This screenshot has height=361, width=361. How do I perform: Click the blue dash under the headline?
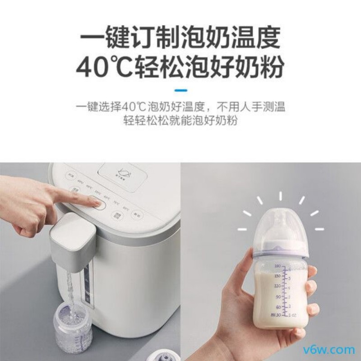pyautogui.click(x=180, y=90)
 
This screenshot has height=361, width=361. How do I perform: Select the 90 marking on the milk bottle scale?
pyautogui.click(x=278, y=296)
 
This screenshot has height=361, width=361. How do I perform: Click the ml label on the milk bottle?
pyautogui.click(x=272, y=314)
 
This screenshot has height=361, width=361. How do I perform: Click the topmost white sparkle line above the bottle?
pyautogui.click(x=280, y=196)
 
